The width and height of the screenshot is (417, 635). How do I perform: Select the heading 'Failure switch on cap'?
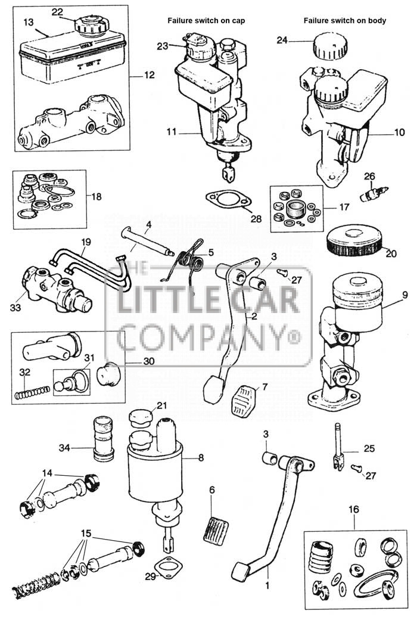206,20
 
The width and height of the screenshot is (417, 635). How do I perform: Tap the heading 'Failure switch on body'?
344,20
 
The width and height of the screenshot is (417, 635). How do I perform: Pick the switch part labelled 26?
375,193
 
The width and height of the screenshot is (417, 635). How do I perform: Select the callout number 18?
98,195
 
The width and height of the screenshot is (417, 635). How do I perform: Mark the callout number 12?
148,76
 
